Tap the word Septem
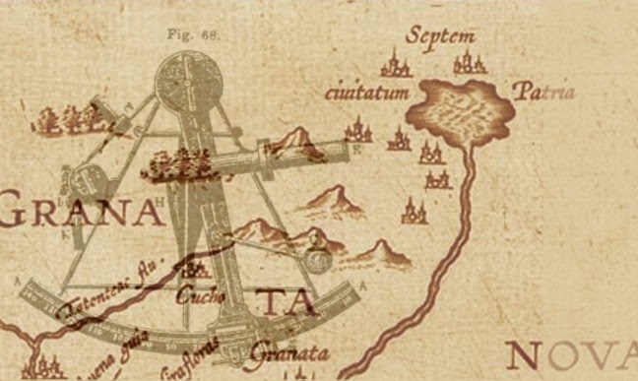click(440, 37)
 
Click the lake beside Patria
click(463, 108)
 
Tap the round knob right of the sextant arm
click(318, 261)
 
